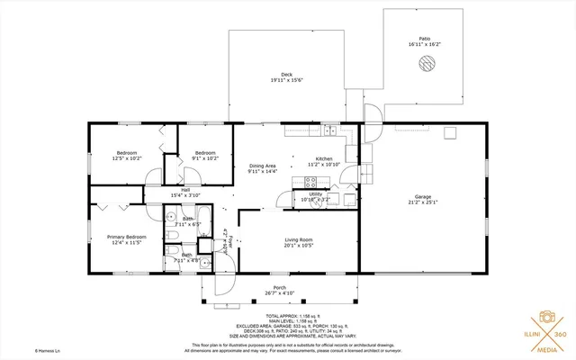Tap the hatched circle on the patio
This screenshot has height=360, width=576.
click(426, 64)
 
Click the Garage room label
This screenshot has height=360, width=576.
click(423, 196)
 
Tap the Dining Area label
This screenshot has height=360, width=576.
click(263, 166)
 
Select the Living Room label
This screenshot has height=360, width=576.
click(299, 239)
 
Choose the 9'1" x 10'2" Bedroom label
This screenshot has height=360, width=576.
click(205, 153)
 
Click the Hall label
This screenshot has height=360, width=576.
click(184, 190)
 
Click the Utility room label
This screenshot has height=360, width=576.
click(315, 193)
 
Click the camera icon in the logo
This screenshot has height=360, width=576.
click(545, 318)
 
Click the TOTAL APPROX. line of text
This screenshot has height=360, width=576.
click(289, 315)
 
